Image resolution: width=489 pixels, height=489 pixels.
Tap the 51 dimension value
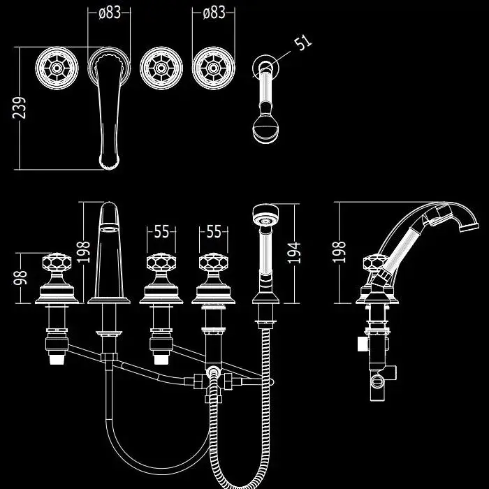(302, 42)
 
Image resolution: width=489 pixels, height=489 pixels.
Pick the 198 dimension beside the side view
(340, 252)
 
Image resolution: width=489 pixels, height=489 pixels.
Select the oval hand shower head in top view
(265, 128)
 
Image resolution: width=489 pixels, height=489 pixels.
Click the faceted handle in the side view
(376, 265)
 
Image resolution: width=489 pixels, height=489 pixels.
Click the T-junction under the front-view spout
(108, 358)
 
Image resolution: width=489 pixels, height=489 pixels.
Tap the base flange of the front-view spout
(109, 300)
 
